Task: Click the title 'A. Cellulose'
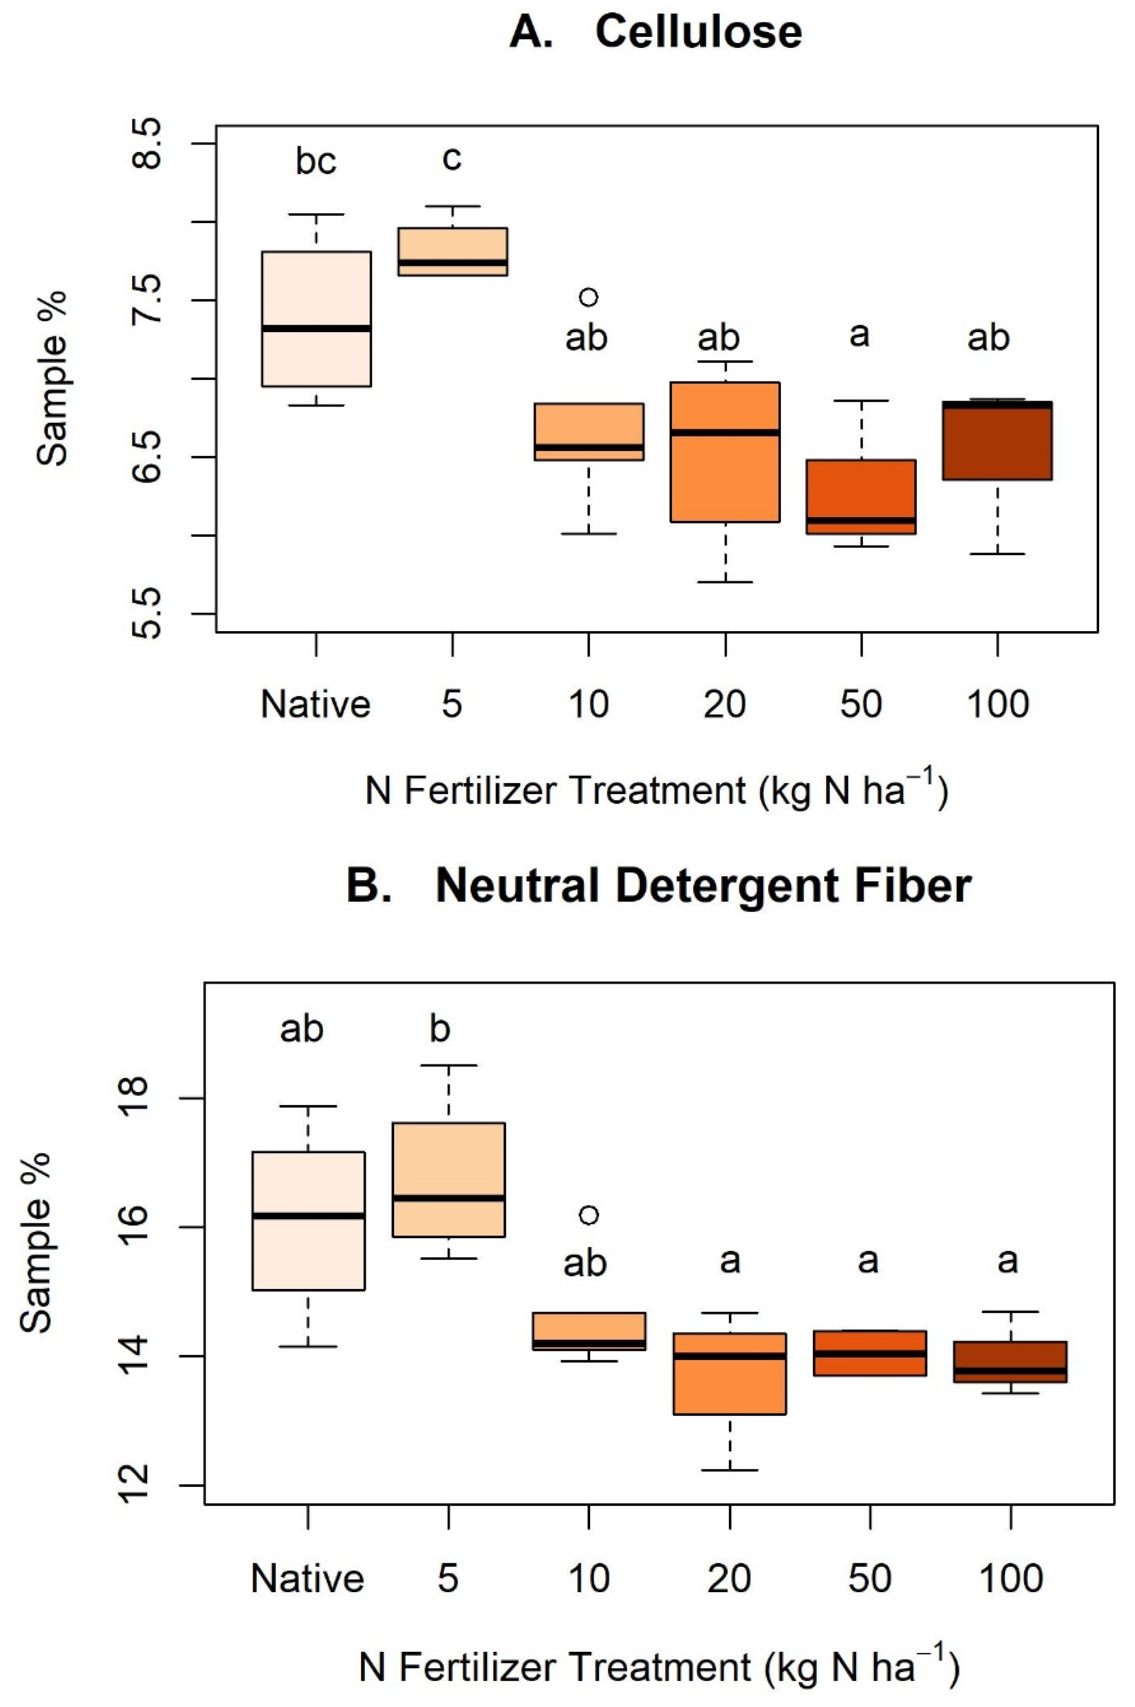[655, 33]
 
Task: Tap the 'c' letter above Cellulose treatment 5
[452, 158]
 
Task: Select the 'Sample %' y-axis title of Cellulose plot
[52, 378]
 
